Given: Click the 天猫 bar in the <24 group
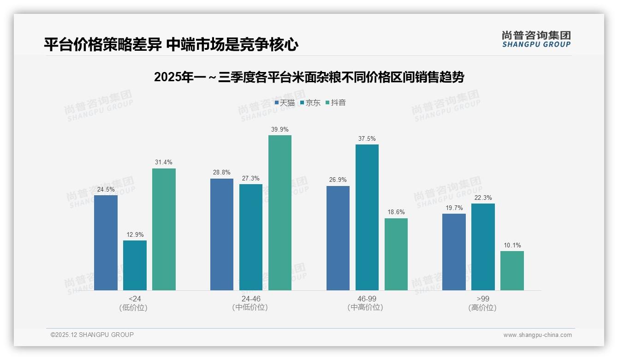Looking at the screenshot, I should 106,243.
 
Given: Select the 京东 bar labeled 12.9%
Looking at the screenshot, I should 135,265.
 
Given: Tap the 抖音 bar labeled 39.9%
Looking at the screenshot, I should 280,213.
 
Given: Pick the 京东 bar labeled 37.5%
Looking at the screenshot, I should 367,217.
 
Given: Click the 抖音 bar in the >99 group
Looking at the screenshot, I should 512,271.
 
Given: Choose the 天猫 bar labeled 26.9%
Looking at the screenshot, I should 338,238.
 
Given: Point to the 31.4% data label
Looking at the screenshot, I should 164,162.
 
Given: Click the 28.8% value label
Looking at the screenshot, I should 222,172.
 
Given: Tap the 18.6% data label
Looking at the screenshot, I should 396,212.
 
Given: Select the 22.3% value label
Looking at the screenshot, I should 483,198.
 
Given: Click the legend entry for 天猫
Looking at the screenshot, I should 285,103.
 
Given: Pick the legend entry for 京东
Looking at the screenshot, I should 310,103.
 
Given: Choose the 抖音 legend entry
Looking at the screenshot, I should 335,103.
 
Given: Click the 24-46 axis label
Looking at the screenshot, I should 251,299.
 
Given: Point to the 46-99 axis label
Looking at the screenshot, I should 367,299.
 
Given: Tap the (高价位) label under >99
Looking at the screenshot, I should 483,307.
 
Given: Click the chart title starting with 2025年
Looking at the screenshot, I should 309,77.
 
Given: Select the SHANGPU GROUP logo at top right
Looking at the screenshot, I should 536,39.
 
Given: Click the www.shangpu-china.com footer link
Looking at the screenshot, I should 537,335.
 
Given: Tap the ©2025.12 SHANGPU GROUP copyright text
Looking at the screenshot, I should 92,335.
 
